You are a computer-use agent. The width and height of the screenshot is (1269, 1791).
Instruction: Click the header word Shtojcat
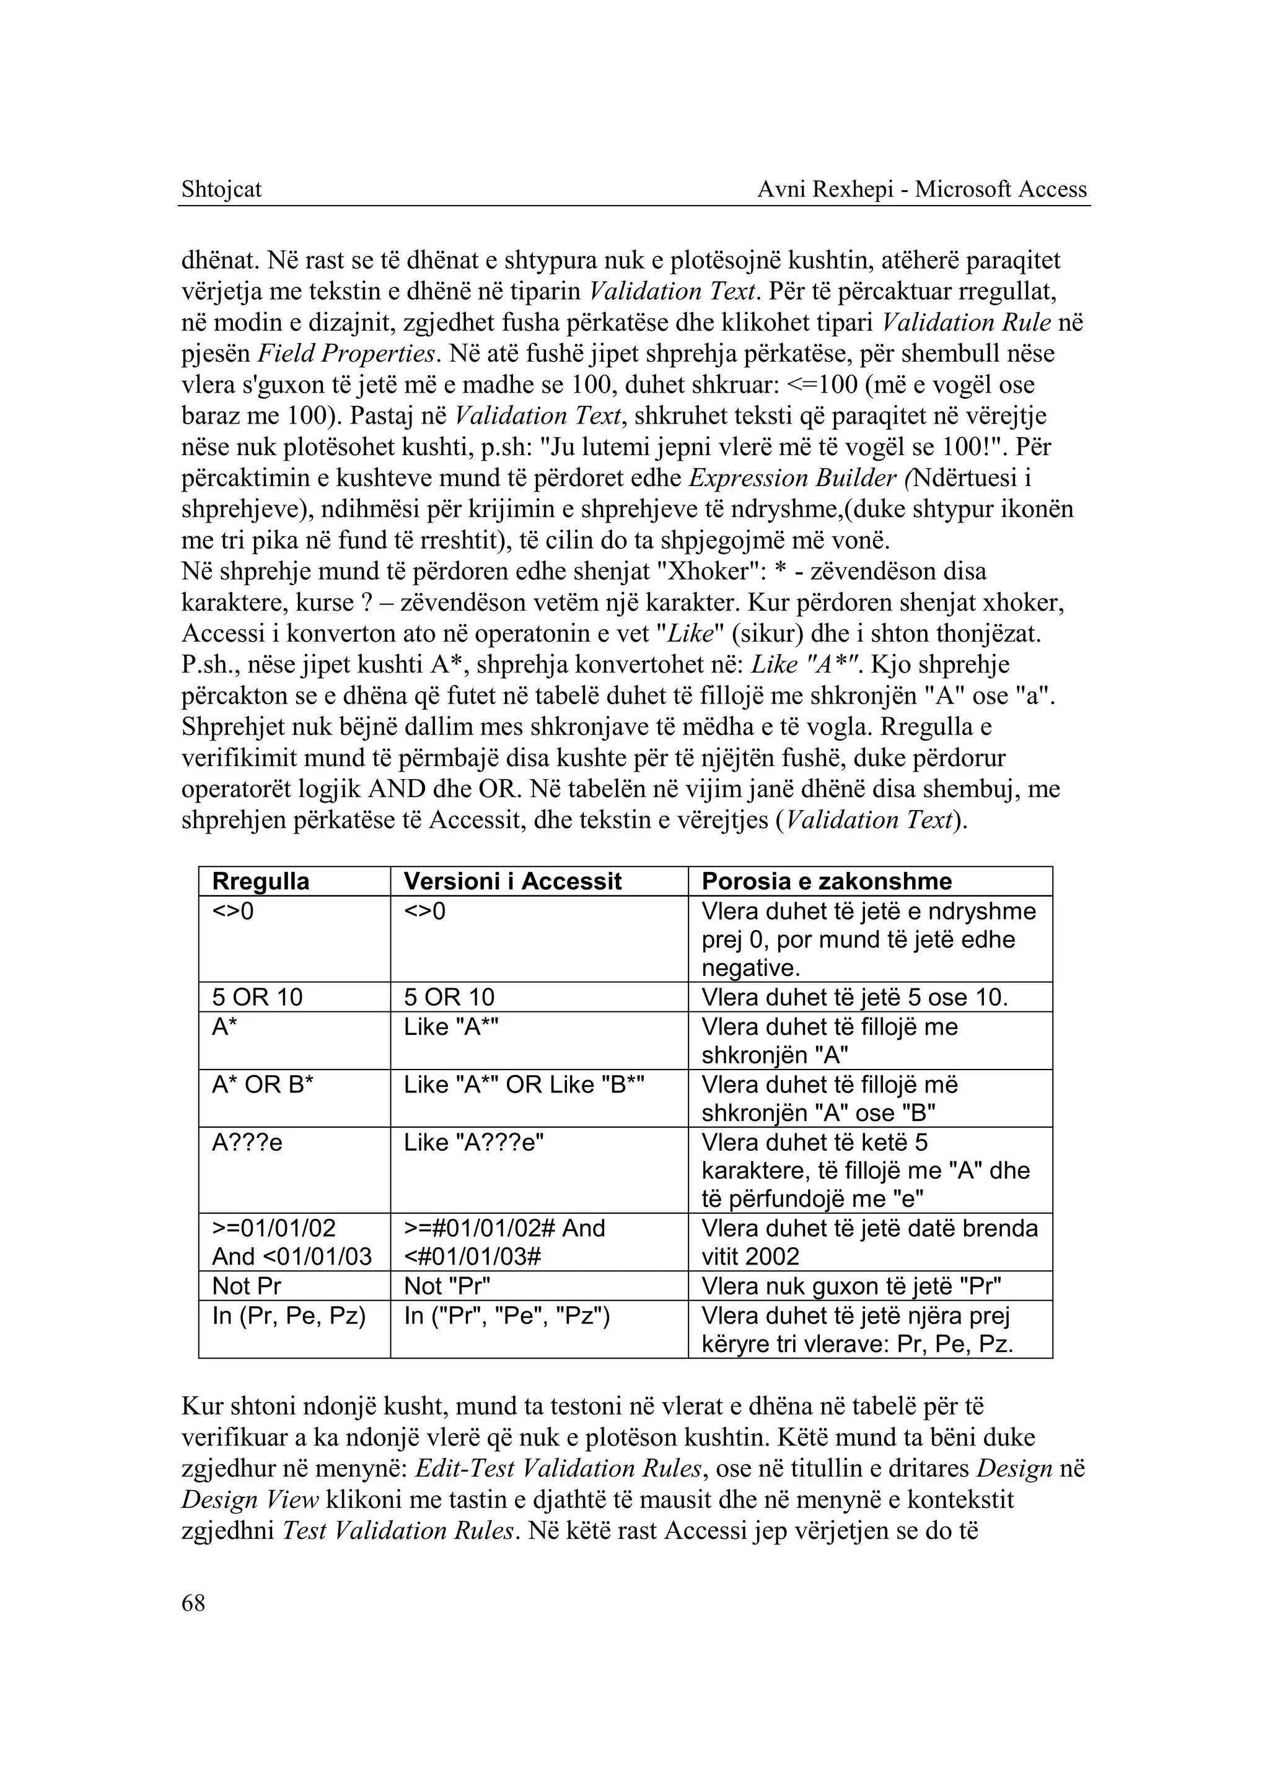[x=221, y=190]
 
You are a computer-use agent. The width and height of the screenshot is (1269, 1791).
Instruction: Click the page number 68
[x=193, y=1603]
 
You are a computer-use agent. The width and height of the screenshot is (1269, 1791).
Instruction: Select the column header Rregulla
[x=260, y=882]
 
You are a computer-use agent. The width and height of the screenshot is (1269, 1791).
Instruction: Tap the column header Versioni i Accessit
[x=512, y=882]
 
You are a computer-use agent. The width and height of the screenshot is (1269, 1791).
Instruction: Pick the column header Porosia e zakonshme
[x=826, y=882]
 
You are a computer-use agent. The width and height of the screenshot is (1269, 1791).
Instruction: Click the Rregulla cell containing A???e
[x=247, y=1143]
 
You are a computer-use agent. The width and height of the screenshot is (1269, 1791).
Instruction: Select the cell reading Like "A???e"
[x=473, y=1143]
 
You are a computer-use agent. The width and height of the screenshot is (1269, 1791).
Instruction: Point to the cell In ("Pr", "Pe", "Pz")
[x=506, y=1316]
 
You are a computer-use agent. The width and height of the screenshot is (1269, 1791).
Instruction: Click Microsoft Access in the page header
[x=1001, y=190]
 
